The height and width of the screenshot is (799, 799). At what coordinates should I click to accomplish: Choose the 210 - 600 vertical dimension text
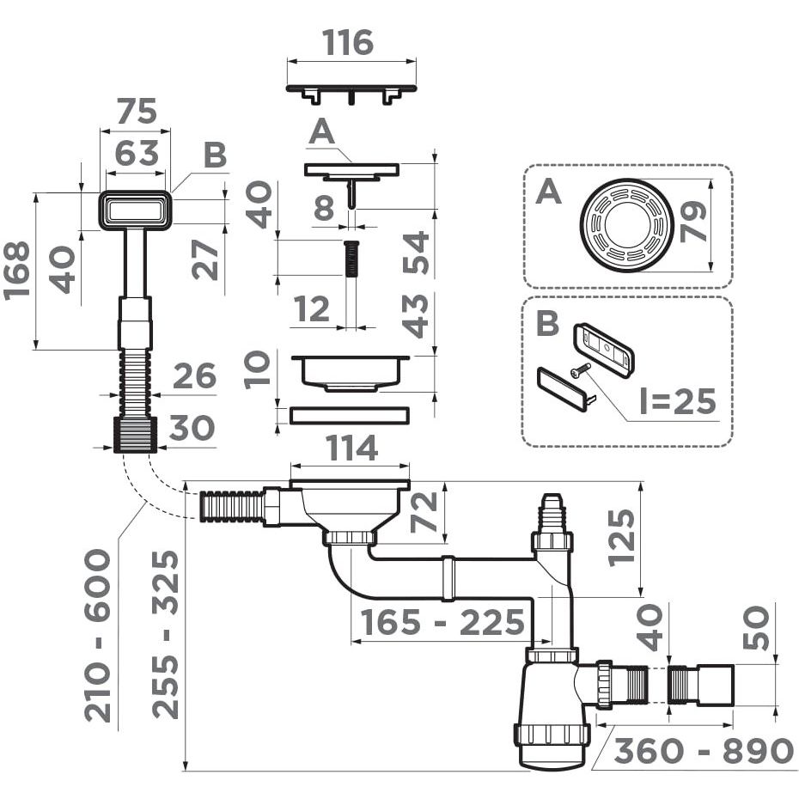coord(97,635)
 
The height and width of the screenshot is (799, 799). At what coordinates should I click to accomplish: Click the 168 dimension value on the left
coord(17,270)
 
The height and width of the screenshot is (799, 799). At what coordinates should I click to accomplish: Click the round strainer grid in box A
coord(625,224)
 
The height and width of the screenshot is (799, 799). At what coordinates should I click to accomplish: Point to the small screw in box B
coord(581,370)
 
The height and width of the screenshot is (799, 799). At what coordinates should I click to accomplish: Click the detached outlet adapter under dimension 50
coord(702,685)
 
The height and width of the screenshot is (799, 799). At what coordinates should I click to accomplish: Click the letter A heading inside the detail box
coord(547,191)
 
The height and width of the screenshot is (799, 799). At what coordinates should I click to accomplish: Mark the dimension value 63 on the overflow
coord(137,154)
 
